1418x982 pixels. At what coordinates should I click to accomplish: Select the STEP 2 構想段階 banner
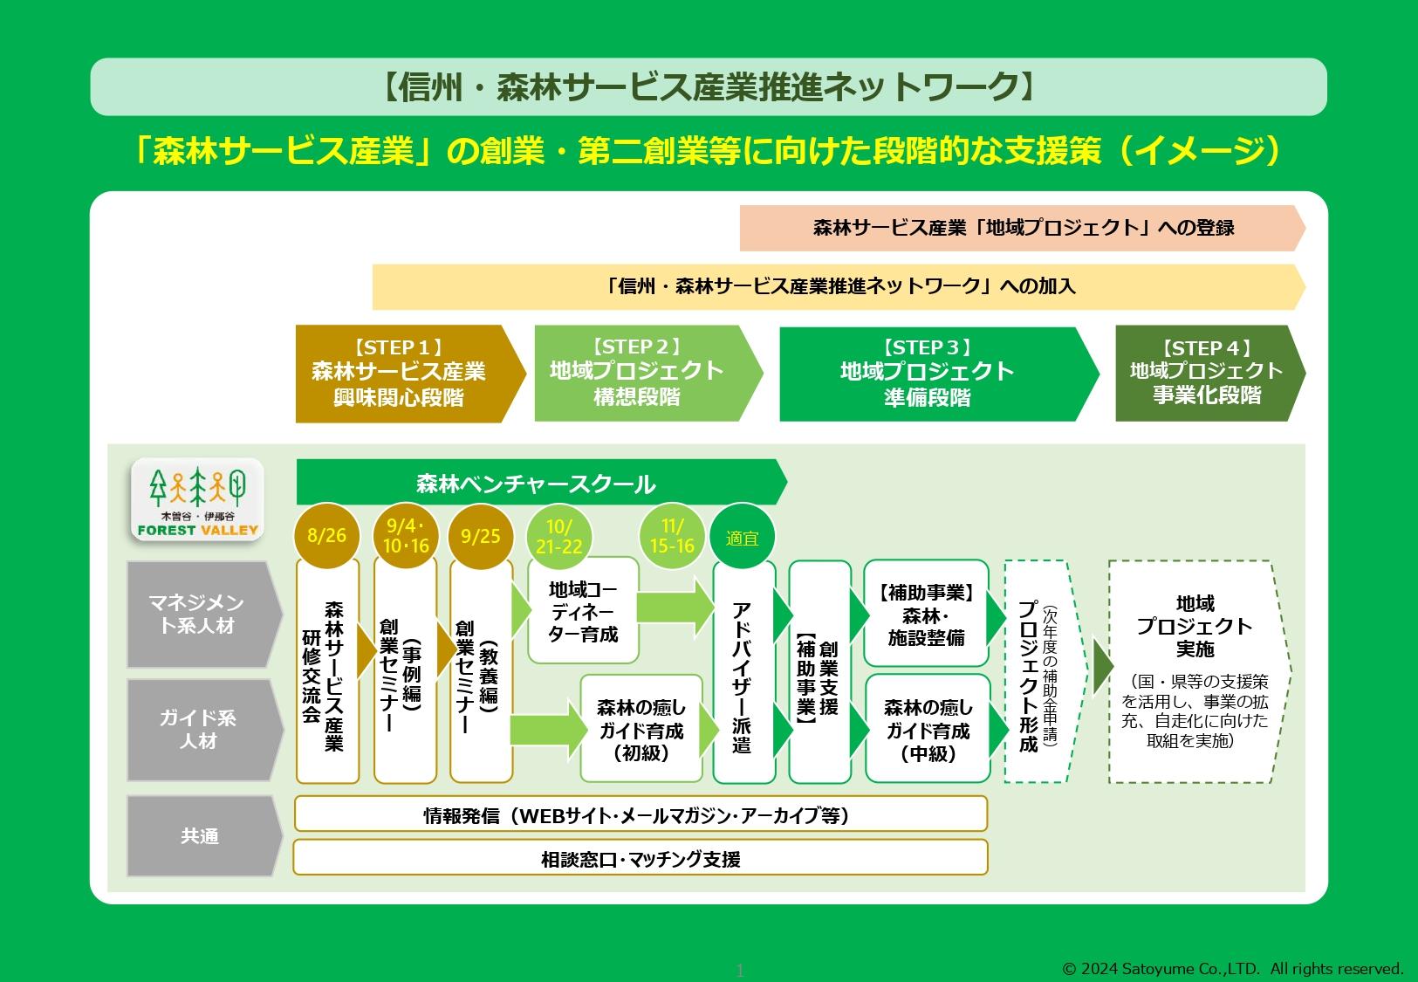pyautogui.click(x=642, y=373)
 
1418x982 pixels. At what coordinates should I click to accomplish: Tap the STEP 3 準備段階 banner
pyautogui.click(x=930, y=374)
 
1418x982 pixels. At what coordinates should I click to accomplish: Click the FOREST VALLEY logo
pyautogui.click(x=197, y=499)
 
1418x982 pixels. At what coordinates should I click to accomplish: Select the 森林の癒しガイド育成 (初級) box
pyautogui.click(x=641, y=730)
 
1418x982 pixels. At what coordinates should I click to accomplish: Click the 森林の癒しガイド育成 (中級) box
pyautogui.click(x=928, y=730)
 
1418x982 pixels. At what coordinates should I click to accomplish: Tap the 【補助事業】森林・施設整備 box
pyautogui.click(x=926, y=615)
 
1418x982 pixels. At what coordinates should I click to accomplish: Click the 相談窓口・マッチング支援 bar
pyautogui.click(x=640, y=859)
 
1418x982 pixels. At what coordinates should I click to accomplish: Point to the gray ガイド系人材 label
pyautogui.click(x=199, y=730)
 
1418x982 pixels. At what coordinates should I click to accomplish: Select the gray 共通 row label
pyautogui.click(x=199, y=836)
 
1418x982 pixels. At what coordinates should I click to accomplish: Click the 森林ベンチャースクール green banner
pyautogui.click(x=536, y=484)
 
